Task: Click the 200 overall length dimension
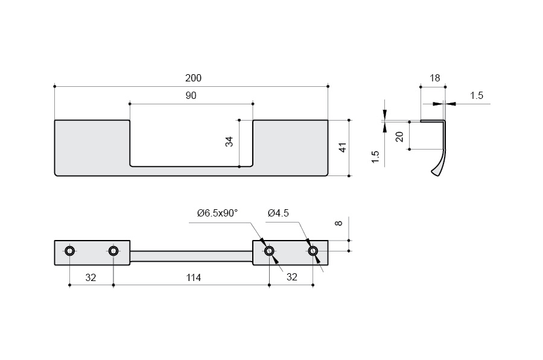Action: [193, 78]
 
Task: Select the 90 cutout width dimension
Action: [191, 96]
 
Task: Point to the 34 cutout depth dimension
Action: [229, 142]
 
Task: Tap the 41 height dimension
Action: [343, 147]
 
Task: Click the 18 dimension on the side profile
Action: [435, 78]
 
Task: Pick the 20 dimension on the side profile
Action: [399, 137]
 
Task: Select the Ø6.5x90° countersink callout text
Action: [217, 213]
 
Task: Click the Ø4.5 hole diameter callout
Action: [278, 213]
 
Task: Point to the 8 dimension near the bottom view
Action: [339, 224]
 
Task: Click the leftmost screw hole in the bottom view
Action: [70, 251]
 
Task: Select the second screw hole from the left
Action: [113, 251]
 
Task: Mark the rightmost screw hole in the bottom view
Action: [313, 251]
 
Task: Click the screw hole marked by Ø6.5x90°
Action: [269, 251]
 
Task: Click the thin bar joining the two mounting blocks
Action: [191, 256]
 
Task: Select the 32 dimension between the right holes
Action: [291, 277]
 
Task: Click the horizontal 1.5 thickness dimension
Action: [476, 96]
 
